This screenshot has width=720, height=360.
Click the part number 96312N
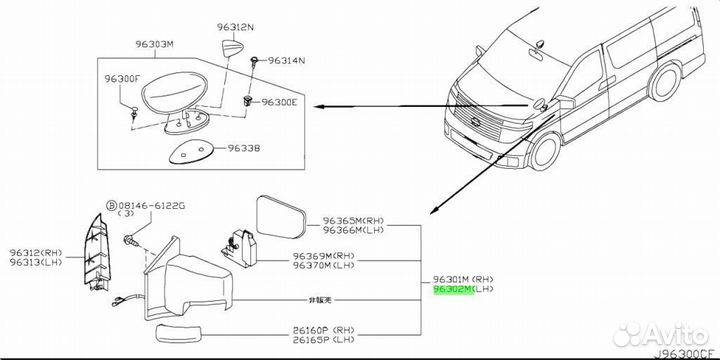click(x=236, y=28)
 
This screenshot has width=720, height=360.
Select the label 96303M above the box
click(x=154, y=45)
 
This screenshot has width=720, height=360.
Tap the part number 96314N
click(x=287, y=60)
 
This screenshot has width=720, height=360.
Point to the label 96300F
click(x=122, y=79)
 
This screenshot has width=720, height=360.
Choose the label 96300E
click(x=279, y=102)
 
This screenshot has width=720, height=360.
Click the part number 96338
click(x=244, y=148)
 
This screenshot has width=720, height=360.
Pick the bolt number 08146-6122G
click(x=152, y=206)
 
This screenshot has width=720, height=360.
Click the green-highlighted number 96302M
click(x=454, y=289)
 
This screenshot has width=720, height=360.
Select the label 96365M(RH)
click(x=353, y=221)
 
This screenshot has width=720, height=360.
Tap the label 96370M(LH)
click(x=324, y=264)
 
